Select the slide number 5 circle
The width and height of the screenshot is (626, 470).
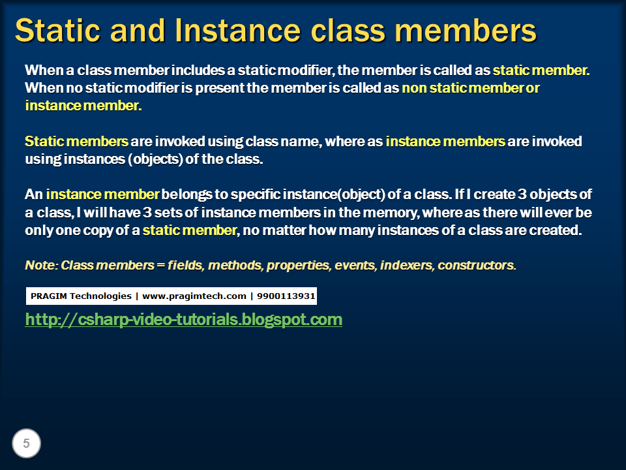[x=26, y=444]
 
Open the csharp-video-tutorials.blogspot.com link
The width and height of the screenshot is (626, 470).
[x=183, y=319]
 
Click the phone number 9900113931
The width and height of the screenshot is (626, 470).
[x=286, y=296]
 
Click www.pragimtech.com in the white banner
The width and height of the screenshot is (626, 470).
[x=194, y=296]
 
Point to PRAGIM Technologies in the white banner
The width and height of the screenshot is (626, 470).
[x=81, y=296]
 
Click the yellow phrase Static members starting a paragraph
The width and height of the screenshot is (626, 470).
[x=76, y=142]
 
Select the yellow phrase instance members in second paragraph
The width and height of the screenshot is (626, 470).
[x=445, y=142]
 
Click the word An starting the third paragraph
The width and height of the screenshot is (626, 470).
[x=33, y=195]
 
